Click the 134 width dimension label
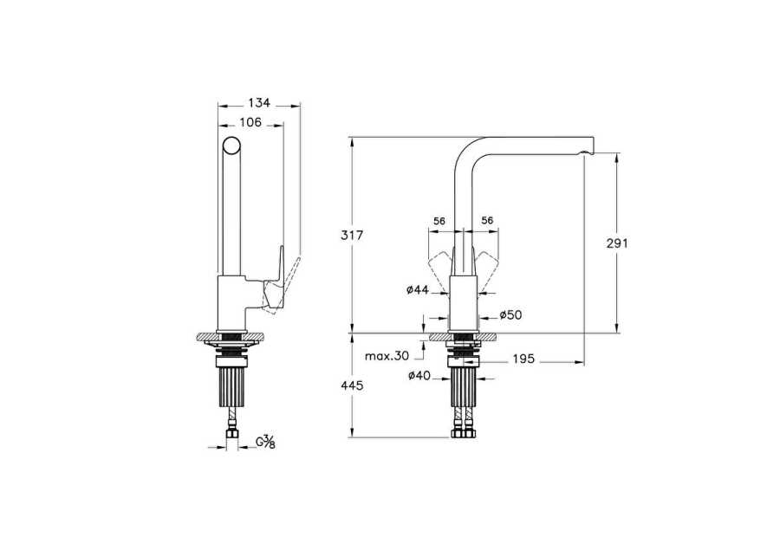click(x=259, y=103)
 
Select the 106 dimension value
click(x=250, y=122)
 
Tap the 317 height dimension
click(x=352, y=236)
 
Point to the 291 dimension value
click(x=617, y=243)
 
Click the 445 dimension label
click(x=352, y=385)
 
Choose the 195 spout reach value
click(x=523, y=359)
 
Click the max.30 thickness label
click(x=387, y=356)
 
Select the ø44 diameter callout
click(x=418, y=290)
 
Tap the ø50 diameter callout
click(x=510, y=314)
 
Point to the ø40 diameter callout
click(x=419, y=376)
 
